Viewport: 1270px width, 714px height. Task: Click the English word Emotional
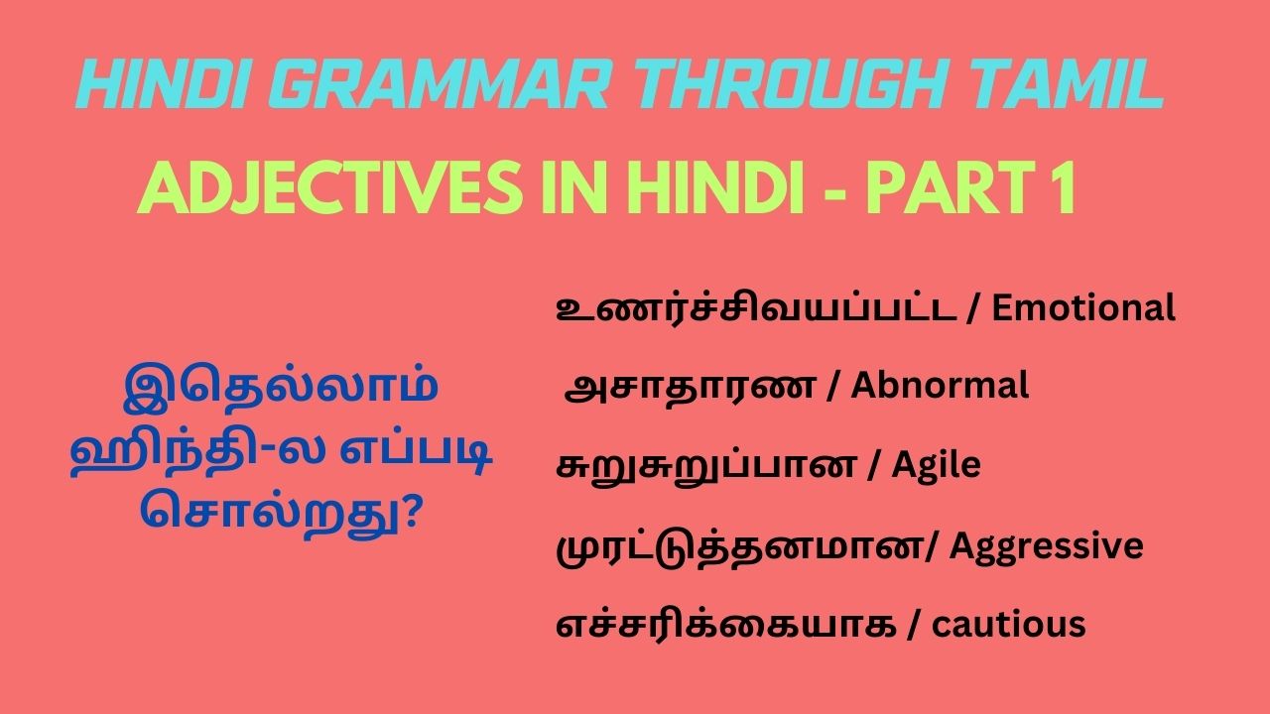pyautogui.click(x=1083, y=308)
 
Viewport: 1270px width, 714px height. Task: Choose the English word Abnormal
pyautogui.click(x=940, y=386)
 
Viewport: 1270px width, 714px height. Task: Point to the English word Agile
pyautogui.click(x=936, y=465)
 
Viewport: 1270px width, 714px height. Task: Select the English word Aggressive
pyautogui.click(x=1047, y=545)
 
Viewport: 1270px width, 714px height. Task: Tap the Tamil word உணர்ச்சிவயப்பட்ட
pyautogui.click(x=756, y=308)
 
